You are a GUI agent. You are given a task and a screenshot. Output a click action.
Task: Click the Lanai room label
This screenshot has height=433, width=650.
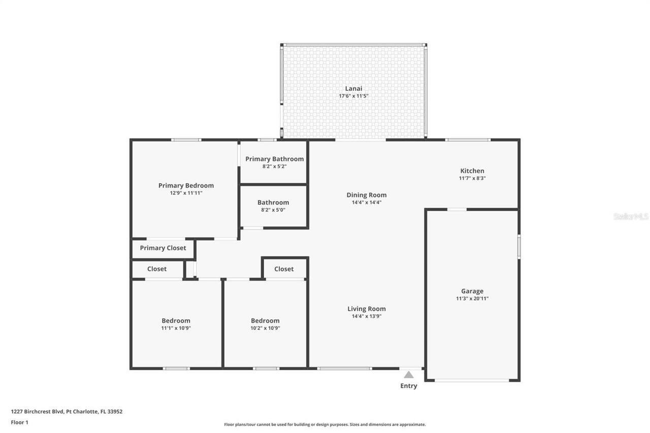point(353,89)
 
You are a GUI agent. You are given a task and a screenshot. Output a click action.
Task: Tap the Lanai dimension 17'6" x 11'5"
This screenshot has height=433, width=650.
point(353,96)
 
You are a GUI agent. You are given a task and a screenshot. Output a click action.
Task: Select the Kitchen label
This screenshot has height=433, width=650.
point(472,171)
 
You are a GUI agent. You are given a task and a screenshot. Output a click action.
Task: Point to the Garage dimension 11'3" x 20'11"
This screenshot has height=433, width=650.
point(472,298)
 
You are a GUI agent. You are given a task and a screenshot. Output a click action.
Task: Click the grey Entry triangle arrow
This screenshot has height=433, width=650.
point(409,375)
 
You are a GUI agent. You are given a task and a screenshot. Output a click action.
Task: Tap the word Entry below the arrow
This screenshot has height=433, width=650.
point(409,386)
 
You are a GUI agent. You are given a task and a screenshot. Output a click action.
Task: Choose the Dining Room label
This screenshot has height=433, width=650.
point(367,195)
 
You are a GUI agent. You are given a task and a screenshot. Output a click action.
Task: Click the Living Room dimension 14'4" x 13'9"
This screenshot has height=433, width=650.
point(367,316)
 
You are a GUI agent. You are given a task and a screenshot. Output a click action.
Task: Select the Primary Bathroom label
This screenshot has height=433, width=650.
point(275,159)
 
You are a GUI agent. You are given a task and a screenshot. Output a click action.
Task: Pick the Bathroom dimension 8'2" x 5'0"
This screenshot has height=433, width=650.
point(273,210)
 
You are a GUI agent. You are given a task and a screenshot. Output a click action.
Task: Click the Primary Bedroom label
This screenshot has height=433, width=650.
point(186,185)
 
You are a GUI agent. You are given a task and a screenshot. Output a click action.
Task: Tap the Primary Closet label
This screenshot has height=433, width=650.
point(163,248)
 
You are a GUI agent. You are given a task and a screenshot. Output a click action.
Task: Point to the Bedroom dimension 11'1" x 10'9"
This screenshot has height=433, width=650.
point(176,328)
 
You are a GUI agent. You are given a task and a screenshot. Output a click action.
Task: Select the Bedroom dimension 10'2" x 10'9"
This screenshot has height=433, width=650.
point(265,328)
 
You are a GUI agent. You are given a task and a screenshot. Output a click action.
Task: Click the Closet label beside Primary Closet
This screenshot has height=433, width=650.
point(157,269)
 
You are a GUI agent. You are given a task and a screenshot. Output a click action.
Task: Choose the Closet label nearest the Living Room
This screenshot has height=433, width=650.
point(284,269)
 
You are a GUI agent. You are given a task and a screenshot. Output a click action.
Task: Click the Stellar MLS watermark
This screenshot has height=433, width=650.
point(631,216)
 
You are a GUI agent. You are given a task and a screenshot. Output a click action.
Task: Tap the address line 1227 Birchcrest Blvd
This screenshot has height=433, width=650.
point(67,412)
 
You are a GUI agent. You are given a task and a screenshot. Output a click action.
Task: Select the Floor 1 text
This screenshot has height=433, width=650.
point(20,422)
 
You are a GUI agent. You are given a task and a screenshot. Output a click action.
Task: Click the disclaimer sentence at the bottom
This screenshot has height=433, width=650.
point(325,424)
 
